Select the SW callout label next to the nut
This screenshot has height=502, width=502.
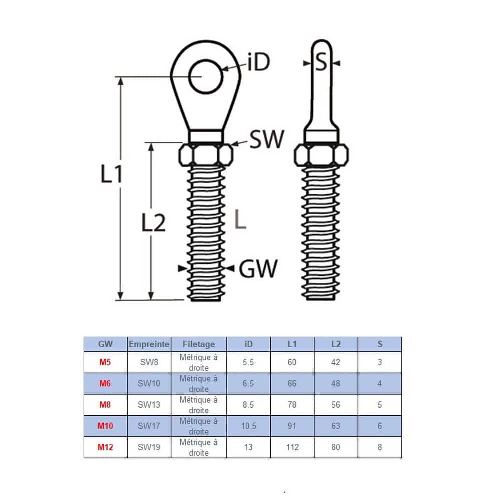(266, 139)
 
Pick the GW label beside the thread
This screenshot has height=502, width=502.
(258, 269)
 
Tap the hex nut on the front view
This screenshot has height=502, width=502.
(205, 155)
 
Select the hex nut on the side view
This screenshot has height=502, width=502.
(322, 155)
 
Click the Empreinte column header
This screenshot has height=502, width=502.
(149, 344)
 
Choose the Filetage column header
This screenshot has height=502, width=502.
(199, 344)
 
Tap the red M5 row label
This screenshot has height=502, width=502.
(105, 362)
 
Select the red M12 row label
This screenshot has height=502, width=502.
(105, 447)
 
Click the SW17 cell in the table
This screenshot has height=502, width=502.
(149, 426)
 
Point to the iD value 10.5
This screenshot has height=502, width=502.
(248, 426)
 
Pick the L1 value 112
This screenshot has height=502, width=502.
(292, 447)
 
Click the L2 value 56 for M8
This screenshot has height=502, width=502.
(336, 405)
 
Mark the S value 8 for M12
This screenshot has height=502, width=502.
(380, 447)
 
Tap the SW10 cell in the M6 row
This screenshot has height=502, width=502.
(149, 384)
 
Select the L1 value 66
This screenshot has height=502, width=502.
(292, 384)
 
